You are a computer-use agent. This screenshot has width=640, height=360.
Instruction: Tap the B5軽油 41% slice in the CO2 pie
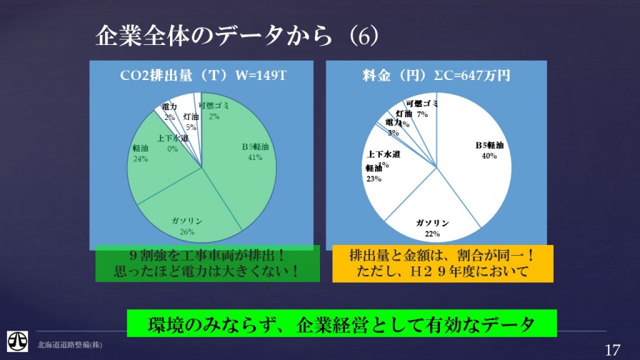click(243, 157)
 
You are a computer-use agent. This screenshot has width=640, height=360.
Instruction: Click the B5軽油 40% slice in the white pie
click(479, 157)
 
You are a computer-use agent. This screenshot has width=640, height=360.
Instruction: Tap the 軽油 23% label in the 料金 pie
click(374, 174)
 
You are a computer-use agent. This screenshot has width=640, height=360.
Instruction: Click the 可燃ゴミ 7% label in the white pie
click(419, 109)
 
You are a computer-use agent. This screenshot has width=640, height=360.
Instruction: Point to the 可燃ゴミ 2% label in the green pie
click(214, 111)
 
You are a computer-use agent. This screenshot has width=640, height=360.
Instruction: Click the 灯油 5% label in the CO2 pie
click(191, 121)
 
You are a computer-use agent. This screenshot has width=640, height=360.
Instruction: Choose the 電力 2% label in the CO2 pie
click(169, 111)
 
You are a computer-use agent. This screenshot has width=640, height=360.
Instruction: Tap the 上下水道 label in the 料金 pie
click(383, 154)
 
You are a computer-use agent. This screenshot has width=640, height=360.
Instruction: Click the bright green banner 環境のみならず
click(341, 324)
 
